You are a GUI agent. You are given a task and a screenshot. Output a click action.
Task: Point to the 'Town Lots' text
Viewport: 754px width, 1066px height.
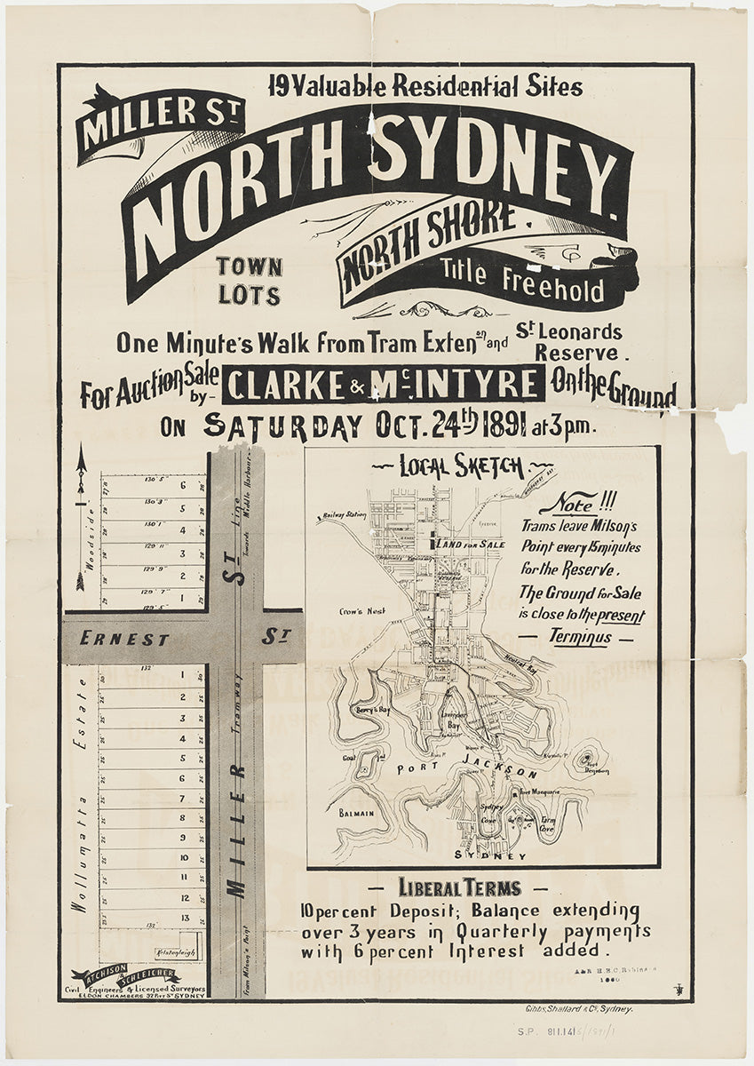pos(250,281)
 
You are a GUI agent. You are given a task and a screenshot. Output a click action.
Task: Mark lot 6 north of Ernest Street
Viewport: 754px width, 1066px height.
pos(181,486)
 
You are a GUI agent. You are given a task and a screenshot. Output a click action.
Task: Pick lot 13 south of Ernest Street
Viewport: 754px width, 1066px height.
pos(183,918)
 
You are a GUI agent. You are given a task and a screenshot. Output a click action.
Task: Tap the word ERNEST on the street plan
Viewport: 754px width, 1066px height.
pos(112,638)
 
